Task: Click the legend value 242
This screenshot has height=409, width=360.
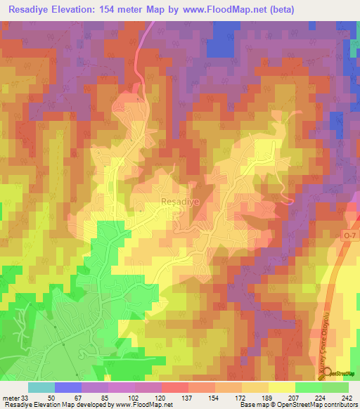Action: [x=347, y=397]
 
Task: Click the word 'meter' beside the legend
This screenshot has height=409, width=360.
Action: [x=8, y=397]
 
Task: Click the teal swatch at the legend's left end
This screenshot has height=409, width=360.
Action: [x=41, y=387]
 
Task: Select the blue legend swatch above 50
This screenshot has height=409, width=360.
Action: [x=68, y=387]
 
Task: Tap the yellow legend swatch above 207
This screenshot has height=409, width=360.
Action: [x=281, y=387]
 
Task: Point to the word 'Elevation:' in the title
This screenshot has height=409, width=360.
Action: [x=84, y=9]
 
